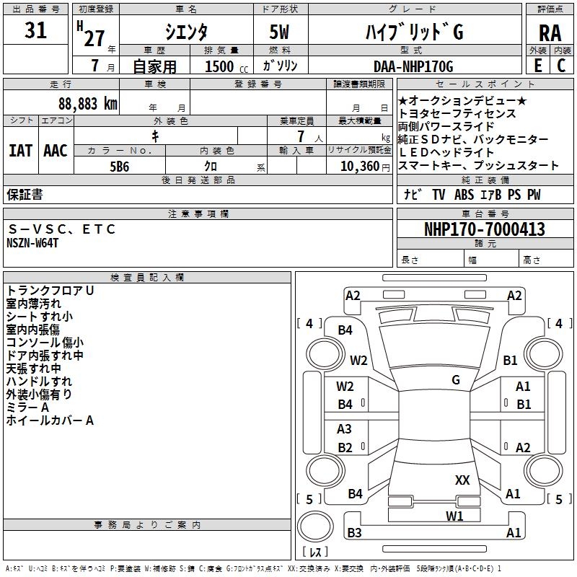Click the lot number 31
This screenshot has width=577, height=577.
tap(36, 30)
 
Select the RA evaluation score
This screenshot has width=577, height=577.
tap(550, 33)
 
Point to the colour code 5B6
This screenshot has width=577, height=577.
tap(120, 165)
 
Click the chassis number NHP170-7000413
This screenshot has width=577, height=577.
tap(484, 229)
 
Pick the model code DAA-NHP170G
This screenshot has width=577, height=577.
tap(413, 66)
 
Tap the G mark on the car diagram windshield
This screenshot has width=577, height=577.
tap(456, 379)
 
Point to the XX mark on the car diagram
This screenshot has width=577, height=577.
tap(462, 480)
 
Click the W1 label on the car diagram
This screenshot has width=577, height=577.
tap(454, 516)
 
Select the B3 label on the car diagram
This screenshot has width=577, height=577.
tap(354, 533)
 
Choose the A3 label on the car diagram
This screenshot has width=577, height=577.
tap(345, 429)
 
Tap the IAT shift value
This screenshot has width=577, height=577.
tap(20, 151)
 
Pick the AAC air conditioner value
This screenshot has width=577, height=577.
tap(56, 151)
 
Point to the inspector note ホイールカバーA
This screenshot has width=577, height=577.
tap(50, 420)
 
